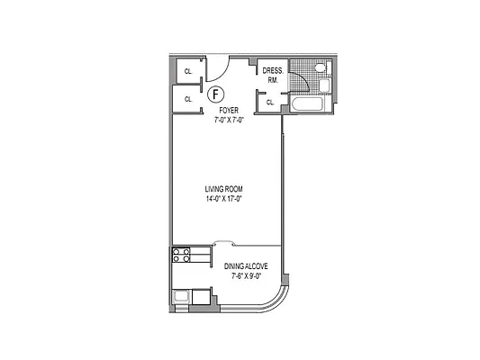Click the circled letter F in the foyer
(x=214, y=94)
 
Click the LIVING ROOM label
(x=224, y=188)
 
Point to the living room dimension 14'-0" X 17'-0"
(x=224, y=198)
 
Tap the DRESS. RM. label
(x=272, y=75)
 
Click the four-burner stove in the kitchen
(x=180, y=254)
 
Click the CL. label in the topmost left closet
(x=188, y=71)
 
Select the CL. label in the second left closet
(x=188, y=99)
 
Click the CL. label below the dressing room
(x=270, y=103)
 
